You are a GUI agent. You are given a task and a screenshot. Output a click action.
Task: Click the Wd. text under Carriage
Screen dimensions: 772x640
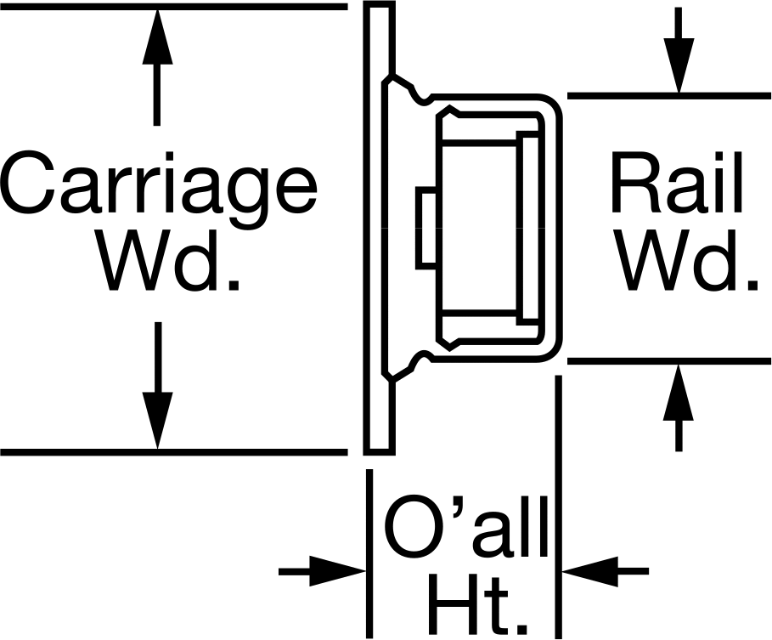(x=171, y=259)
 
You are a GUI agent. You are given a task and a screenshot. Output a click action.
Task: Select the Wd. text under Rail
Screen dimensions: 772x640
(x=688, y=259)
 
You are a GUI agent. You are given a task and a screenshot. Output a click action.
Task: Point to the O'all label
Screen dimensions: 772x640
(x=465, y=526)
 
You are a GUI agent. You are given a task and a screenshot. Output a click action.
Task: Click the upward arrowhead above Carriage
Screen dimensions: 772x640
(x=157, y=36)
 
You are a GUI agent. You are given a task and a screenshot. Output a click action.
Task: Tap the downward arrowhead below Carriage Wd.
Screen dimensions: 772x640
(x=158, y=421)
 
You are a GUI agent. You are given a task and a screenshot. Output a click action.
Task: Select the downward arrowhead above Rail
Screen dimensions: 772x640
(x=679, y=65)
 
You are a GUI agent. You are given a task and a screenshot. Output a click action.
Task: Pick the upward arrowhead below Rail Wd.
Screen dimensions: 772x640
(x=679, y=392)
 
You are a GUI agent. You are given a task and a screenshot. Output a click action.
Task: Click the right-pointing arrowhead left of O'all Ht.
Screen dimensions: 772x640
(x=338, y=571)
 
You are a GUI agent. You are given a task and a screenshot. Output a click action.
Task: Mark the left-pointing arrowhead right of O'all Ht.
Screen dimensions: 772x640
(x=590, y=571)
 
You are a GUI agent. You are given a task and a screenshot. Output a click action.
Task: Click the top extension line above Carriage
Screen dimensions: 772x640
(x=174, y=7)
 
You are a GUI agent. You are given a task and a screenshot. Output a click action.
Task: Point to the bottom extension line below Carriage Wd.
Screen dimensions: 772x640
(x=174, y=452)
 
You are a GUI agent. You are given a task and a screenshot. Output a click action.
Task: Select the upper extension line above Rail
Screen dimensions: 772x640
(x=669, y=95)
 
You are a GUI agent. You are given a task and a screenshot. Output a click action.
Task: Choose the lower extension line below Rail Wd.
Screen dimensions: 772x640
(x=669, y=361)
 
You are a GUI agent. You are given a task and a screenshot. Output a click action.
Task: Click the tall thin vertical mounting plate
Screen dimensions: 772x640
(x=379, y=228)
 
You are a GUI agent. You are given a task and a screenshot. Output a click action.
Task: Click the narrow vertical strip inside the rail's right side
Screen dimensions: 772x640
(x=527, y=228)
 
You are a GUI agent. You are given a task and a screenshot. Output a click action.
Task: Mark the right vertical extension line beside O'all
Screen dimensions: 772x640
(x=558, y=507)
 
